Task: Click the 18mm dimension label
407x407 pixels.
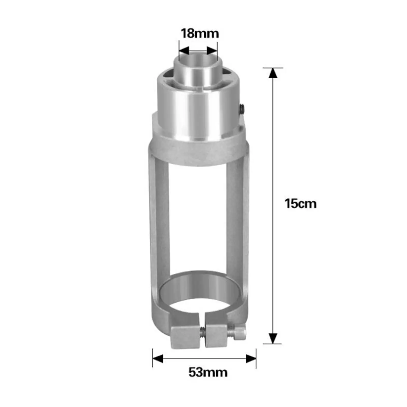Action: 200,33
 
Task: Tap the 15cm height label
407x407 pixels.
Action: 301,204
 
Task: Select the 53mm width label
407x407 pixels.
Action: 208,372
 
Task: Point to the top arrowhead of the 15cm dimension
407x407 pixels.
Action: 273,73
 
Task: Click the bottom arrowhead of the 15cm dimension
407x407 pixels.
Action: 273,338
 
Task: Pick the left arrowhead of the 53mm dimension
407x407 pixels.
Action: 158,359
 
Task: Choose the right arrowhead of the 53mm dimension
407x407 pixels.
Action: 251,359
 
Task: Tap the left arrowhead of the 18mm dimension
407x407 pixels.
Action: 184,50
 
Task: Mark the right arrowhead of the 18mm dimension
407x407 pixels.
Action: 212,50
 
